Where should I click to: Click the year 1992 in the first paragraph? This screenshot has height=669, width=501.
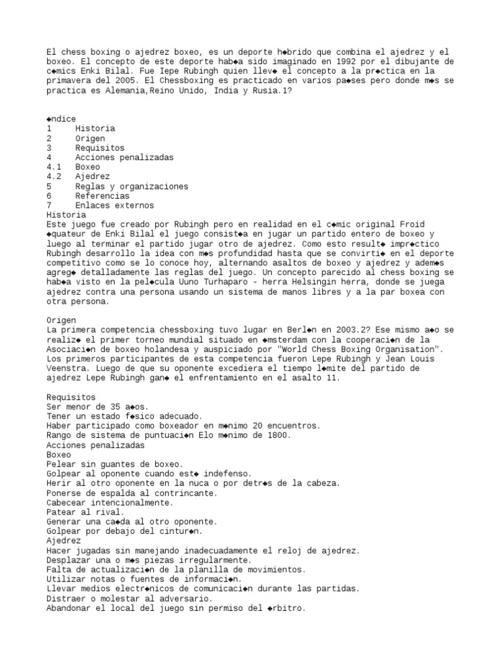click(330, 61)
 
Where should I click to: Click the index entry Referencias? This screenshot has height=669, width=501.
click(102, 195)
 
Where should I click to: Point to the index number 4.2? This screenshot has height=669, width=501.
click(54, 176)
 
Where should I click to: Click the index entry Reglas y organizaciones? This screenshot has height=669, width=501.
click(131, 186)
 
